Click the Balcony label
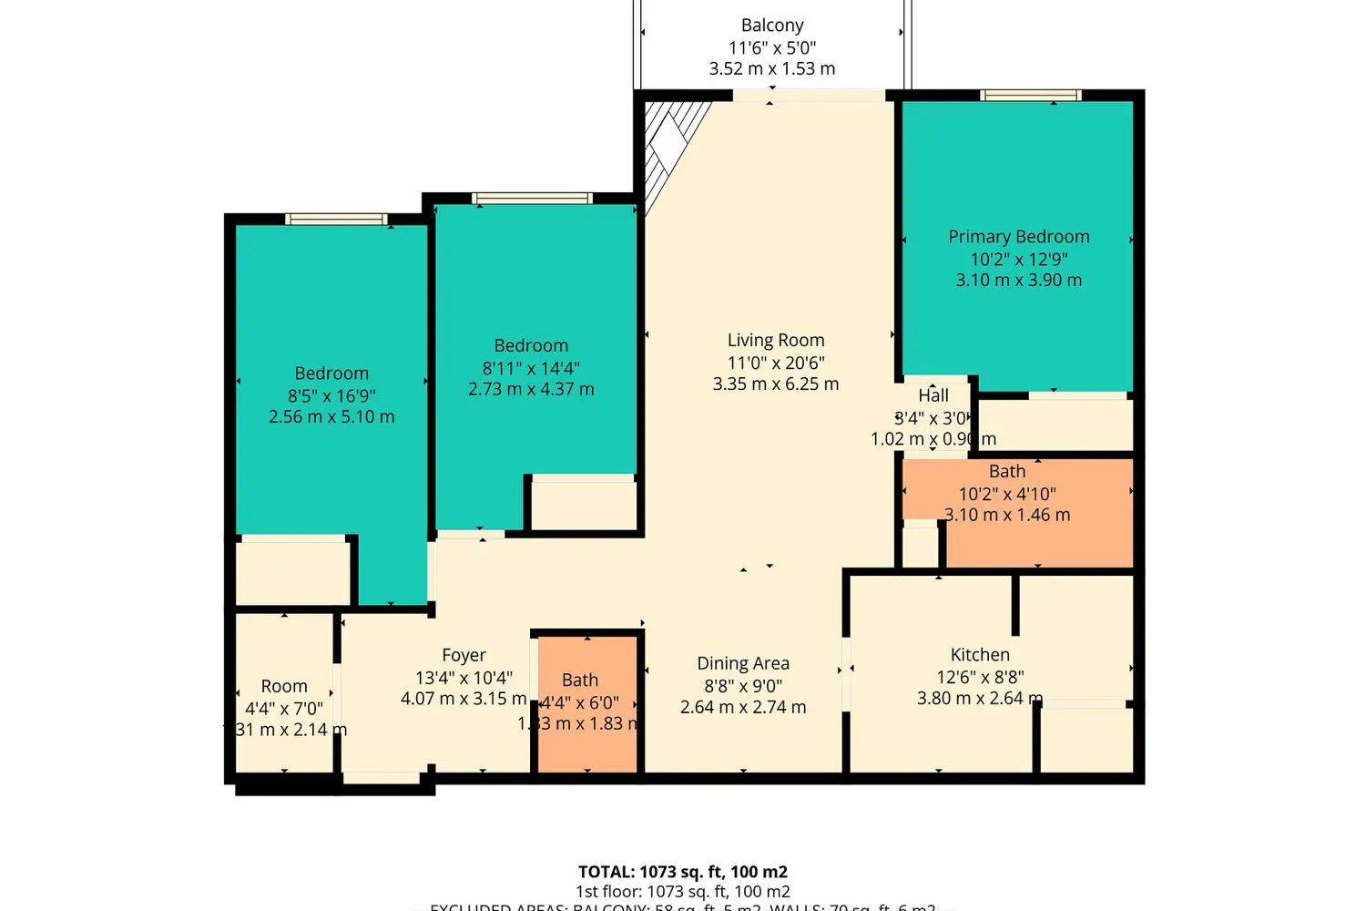coord(772,26)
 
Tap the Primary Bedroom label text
coord(1018,237)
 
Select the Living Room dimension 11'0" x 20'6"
coord(776,363)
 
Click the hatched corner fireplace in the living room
coord(670,146)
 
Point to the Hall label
coord(933,395)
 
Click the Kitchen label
coord(980,654)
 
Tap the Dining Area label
coord(743,663)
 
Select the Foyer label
coord(464,655)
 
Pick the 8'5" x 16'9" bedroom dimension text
coord(331,395)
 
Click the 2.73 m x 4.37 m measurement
coord(531,390)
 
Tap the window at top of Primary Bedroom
coord(1030,95)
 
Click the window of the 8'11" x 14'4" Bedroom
coord(532,198)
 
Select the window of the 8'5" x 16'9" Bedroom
coord(336,219)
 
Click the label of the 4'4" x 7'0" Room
coord(284,686)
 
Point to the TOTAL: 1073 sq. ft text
coord(682,872)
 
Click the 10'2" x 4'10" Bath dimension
coord(1007,494)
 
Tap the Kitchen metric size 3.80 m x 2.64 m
coord(979,699)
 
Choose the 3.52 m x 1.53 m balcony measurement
coord(772,69)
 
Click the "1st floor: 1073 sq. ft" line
coord(682,892)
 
